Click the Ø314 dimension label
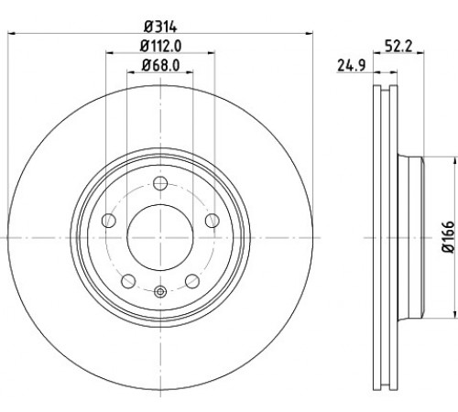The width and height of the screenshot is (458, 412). [x=160, y=27]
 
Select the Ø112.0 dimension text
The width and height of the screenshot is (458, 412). [x=160, y=47]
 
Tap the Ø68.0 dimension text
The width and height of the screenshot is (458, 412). [x=160, y=66]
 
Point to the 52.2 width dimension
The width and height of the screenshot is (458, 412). [x=398, y=47]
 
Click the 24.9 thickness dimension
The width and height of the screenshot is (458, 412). [x=352, y=66]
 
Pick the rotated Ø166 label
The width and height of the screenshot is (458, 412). [x=448, y=237]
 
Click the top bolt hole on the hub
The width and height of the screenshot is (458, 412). [x=160, y=183]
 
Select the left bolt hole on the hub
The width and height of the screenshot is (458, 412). [x=109, y=221]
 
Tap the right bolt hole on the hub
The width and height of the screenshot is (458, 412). [x=213, y=221]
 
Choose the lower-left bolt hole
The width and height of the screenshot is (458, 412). [x=128, y=281]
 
